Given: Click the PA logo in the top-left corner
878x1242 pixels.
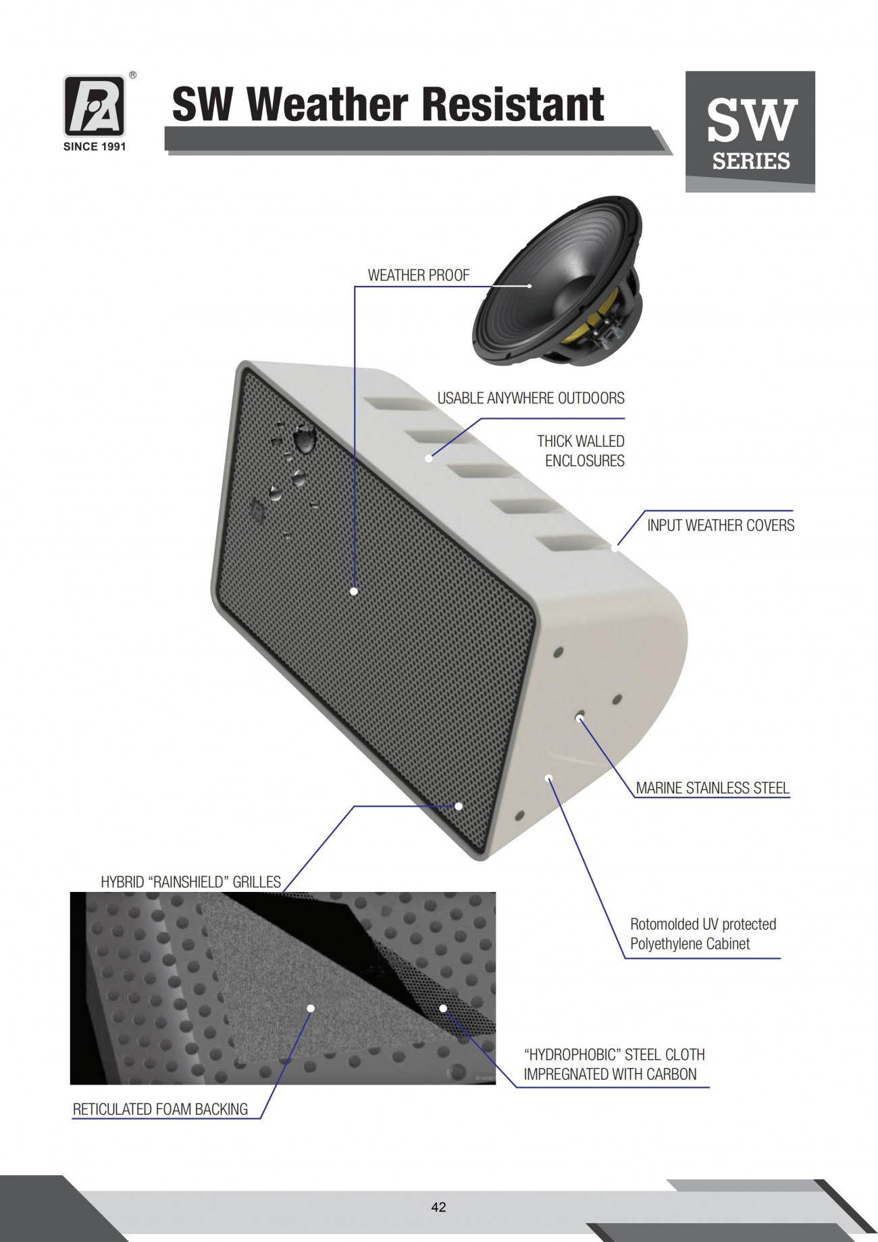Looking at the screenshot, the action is point(95,105).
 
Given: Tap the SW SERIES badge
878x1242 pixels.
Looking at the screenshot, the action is point(750,131).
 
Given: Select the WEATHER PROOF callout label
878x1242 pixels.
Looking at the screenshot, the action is point(418,275).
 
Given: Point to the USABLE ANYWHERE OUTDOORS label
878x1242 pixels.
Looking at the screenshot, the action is point(531,398).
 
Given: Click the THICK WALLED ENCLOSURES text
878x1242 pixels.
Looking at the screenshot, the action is point(581,451).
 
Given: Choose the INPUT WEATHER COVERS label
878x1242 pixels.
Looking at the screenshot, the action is point(721,525).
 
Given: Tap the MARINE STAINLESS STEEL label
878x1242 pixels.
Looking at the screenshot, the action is point(713,788).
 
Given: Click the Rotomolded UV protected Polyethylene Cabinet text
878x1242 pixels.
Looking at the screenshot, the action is point(703,934).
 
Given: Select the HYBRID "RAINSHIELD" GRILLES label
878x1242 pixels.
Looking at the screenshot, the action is point(190,882).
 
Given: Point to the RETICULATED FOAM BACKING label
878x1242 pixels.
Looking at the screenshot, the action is point(160,1109).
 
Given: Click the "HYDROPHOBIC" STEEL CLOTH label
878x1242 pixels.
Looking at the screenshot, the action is point(614,1054).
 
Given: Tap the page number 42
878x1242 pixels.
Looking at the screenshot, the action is point(438,1207).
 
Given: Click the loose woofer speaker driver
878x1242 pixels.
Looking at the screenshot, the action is point(557,281).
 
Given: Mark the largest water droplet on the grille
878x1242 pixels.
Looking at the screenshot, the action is point(305,438).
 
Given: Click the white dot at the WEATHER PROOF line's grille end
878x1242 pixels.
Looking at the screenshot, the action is point(354,591).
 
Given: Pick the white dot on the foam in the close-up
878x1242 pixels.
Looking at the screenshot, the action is point(311,1008).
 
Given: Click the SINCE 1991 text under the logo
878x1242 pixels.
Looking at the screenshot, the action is point(95,147).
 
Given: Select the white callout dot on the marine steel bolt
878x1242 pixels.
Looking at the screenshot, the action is point(579,718).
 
